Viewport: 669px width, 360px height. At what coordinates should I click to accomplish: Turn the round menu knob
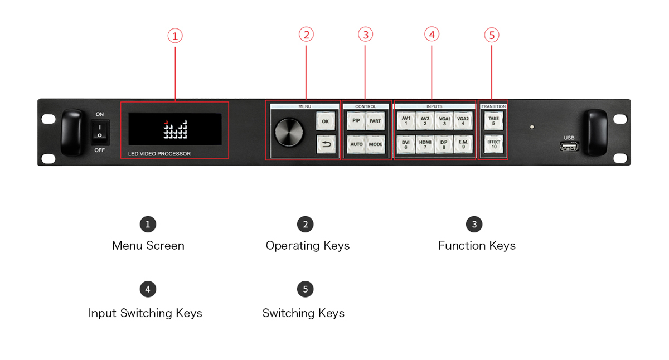pos(289,133)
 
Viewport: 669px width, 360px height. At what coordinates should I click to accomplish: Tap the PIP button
pos(356,120)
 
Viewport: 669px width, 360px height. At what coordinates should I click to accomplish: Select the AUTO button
pos(356,144)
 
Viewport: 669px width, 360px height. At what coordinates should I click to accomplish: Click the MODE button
pos(375,144)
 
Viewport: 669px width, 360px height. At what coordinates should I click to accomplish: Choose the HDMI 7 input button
pos(425,144)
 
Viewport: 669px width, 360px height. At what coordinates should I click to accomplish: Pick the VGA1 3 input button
pos(444,120)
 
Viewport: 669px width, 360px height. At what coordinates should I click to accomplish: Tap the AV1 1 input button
pos(406,120)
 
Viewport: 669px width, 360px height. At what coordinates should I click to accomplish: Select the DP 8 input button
pos(444,144)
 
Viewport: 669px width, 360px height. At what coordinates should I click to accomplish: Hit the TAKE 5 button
pos(493,120)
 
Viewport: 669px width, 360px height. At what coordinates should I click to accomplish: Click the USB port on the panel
pos(569,147)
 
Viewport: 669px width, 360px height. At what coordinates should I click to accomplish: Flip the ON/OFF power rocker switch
pos(100,132)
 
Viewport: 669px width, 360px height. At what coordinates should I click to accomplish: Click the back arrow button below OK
pos(326,144)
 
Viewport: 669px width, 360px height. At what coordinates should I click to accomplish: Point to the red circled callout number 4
pos(432,34)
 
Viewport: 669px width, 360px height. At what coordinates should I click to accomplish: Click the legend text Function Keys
pos(477,245)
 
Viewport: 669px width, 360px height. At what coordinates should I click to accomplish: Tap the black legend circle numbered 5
pos(305,289)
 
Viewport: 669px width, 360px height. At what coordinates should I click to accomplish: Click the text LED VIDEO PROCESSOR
pos(159,154)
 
